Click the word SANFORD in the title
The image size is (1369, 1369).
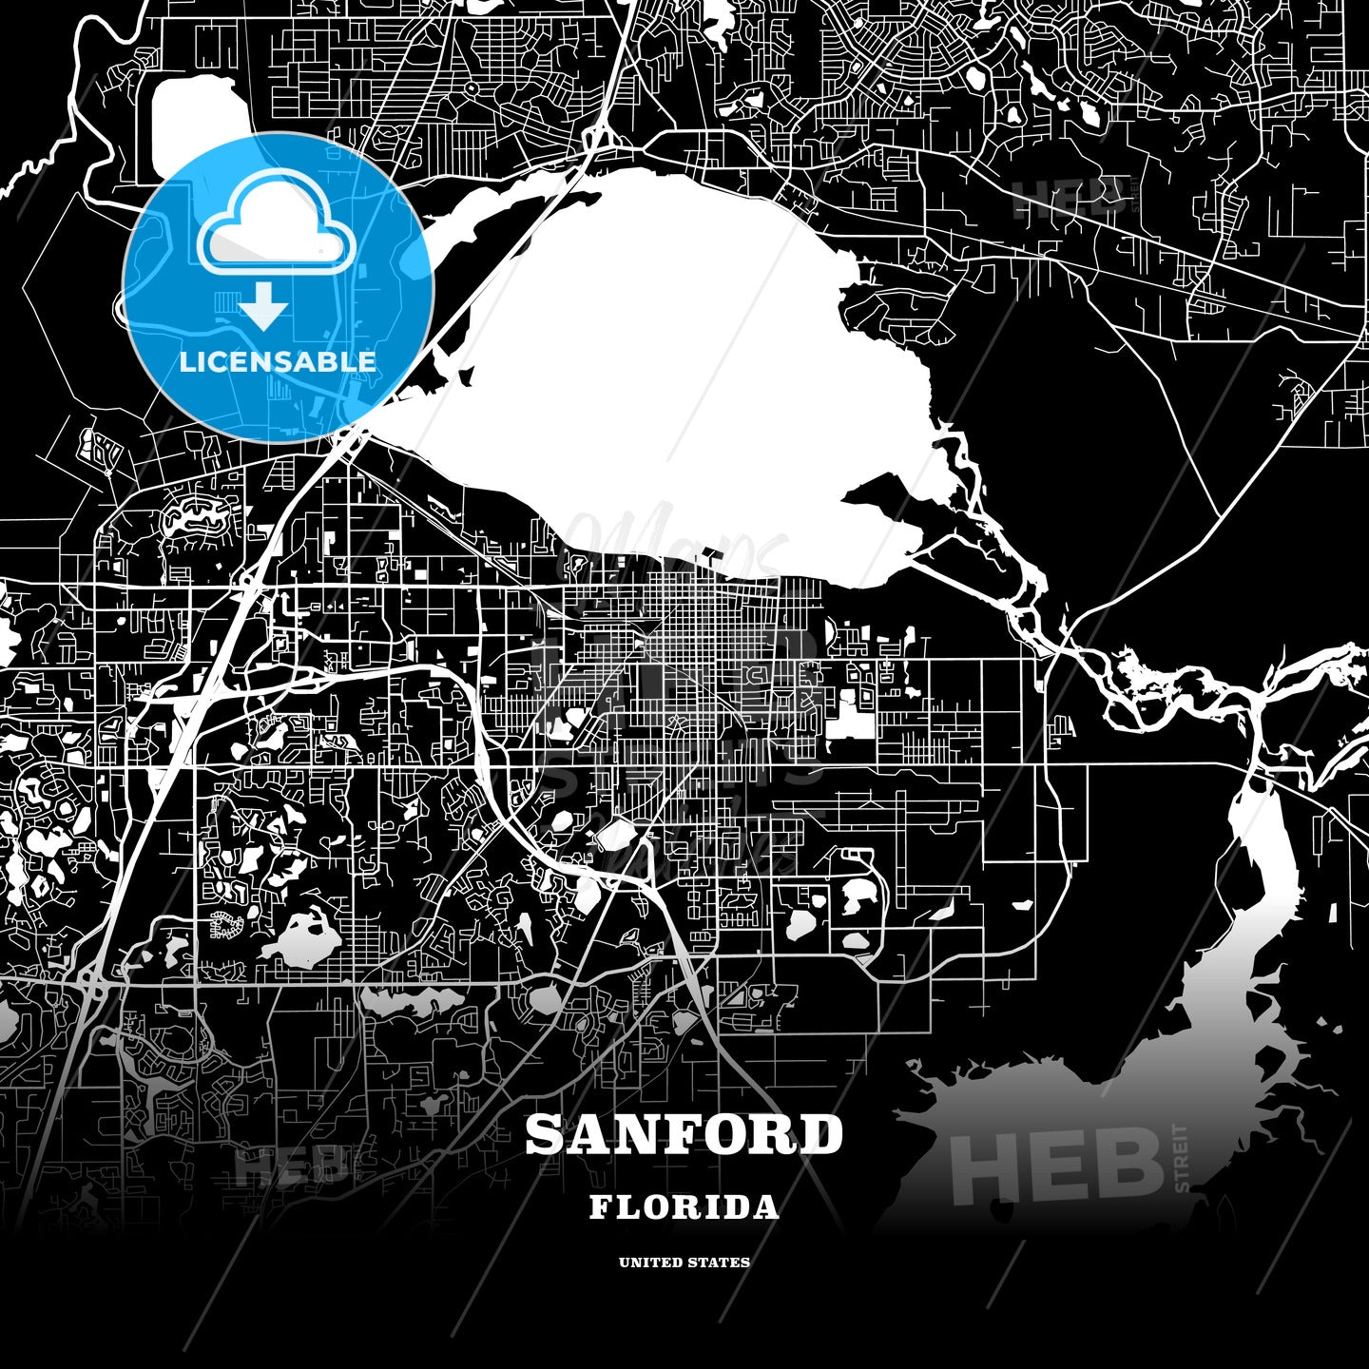click(x=684, y=1134)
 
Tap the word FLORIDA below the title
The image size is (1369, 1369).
click(x=684, y=1207)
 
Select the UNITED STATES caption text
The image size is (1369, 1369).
click(x=684, y=1263)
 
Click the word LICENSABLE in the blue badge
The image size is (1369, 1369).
click(x=278, y=361)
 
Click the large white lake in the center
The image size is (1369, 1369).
click(x=665, y=361)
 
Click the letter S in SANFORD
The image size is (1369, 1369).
click(x=545, y=1134)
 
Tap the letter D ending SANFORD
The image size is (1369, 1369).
click(x=822, y=1134)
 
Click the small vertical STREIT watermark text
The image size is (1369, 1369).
click(x=1181, y=1157)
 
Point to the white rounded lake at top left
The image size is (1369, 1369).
click(x=195, y=128)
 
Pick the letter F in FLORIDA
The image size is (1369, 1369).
click(x=601, y=1207)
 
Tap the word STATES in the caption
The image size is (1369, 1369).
click(x=722, y=1263)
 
